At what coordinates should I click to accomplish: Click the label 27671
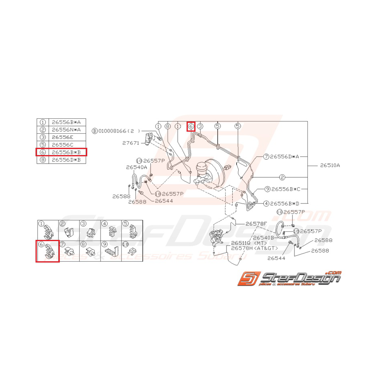[130, 143]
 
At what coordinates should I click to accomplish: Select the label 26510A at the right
[330, 165]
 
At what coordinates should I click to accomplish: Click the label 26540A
[137, 167]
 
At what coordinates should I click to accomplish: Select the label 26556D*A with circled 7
[287, 156]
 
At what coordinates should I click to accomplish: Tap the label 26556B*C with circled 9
[289, 189]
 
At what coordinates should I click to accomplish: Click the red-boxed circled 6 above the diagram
[191, 126]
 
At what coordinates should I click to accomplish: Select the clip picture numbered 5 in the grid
[132, 231]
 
